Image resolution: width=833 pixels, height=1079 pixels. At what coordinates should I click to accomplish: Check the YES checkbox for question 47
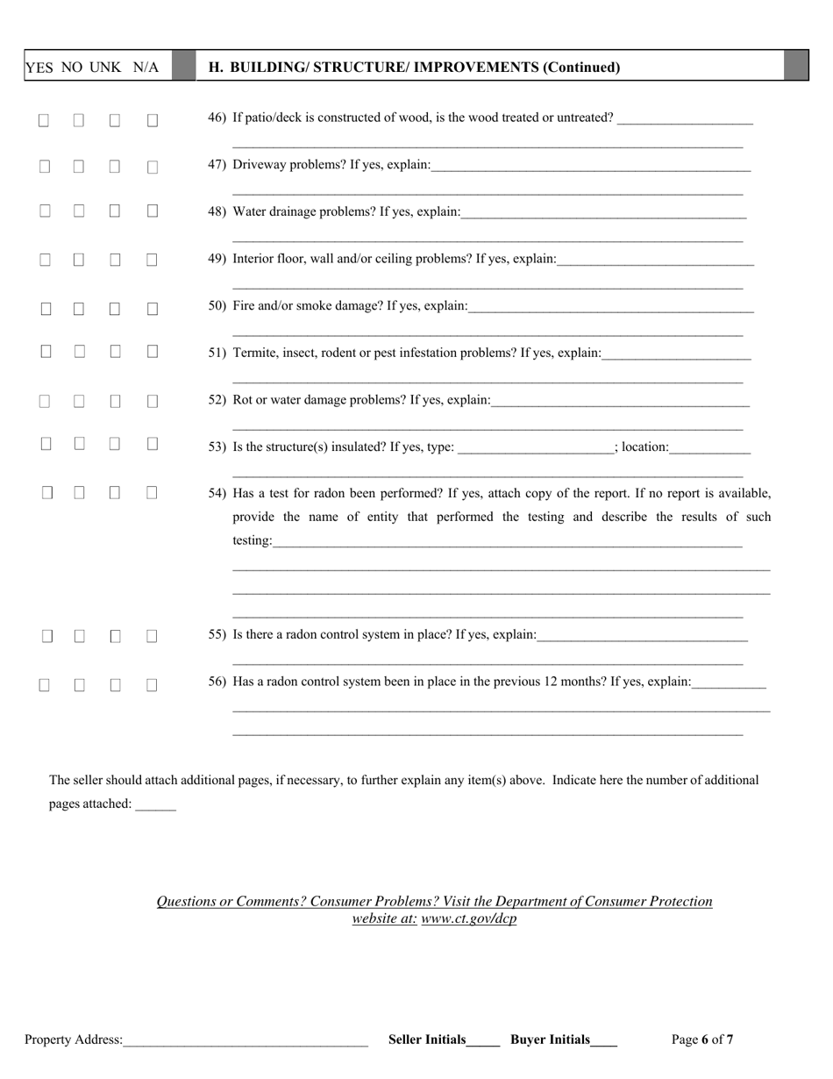point(44,165)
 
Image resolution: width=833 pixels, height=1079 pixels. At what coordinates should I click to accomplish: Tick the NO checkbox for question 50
point(80,309)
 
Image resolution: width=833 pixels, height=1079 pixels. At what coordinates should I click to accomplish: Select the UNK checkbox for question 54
point(115,493)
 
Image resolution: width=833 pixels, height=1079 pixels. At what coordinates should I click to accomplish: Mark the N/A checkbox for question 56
point(152,686)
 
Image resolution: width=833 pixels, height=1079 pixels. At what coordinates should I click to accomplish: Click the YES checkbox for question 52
point(44,401)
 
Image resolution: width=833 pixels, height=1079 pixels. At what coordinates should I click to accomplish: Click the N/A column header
point(146,68)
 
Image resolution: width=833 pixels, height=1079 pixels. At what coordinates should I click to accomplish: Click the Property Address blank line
point(246,1040)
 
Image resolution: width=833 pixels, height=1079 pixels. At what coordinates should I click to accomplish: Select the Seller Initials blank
point(483,1040)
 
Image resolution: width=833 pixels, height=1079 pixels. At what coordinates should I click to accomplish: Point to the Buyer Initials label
point(550,1040)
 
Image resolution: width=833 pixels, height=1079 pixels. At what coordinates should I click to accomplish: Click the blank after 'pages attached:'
point(155,804)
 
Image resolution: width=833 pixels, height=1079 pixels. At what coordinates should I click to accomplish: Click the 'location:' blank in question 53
point(710,448)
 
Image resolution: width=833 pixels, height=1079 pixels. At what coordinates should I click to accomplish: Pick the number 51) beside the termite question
point(217,353)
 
